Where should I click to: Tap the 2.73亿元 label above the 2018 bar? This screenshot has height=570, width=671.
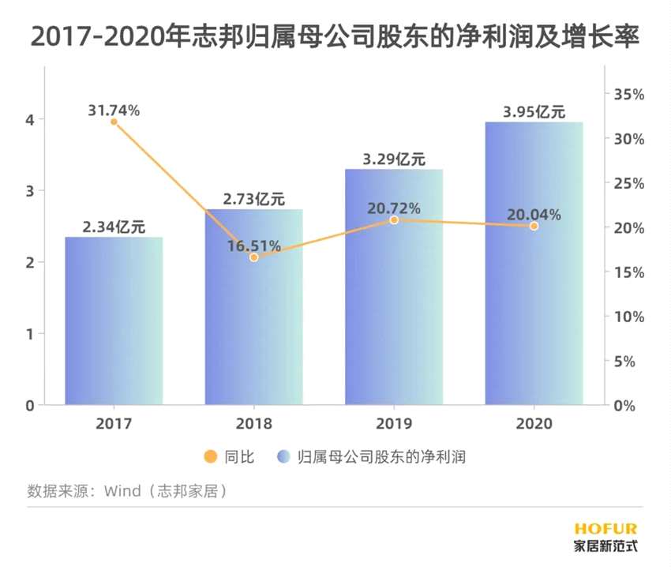click(253, 199)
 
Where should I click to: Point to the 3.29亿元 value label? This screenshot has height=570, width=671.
click(393, 159)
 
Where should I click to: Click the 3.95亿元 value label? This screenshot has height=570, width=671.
click(534, 111)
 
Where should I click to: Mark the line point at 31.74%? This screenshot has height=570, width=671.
click(114, 122)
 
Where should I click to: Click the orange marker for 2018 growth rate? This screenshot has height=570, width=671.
click(253, 257)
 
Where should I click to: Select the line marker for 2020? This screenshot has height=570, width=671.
click(534, 226)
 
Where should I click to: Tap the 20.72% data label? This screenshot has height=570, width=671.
click(393, 208)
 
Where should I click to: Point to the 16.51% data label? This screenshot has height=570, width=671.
click(253, 246)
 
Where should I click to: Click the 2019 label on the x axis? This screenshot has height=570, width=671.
click(393, 424)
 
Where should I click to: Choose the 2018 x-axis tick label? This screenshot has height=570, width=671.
click(253, 424)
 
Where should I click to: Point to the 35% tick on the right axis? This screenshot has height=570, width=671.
click(629, 94)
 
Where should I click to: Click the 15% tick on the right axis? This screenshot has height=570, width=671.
click(629, 272)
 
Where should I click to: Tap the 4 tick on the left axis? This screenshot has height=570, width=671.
click(29, 120)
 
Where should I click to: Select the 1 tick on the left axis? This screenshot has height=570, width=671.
click(29, 334)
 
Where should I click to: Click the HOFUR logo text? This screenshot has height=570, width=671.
click(605, 528)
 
